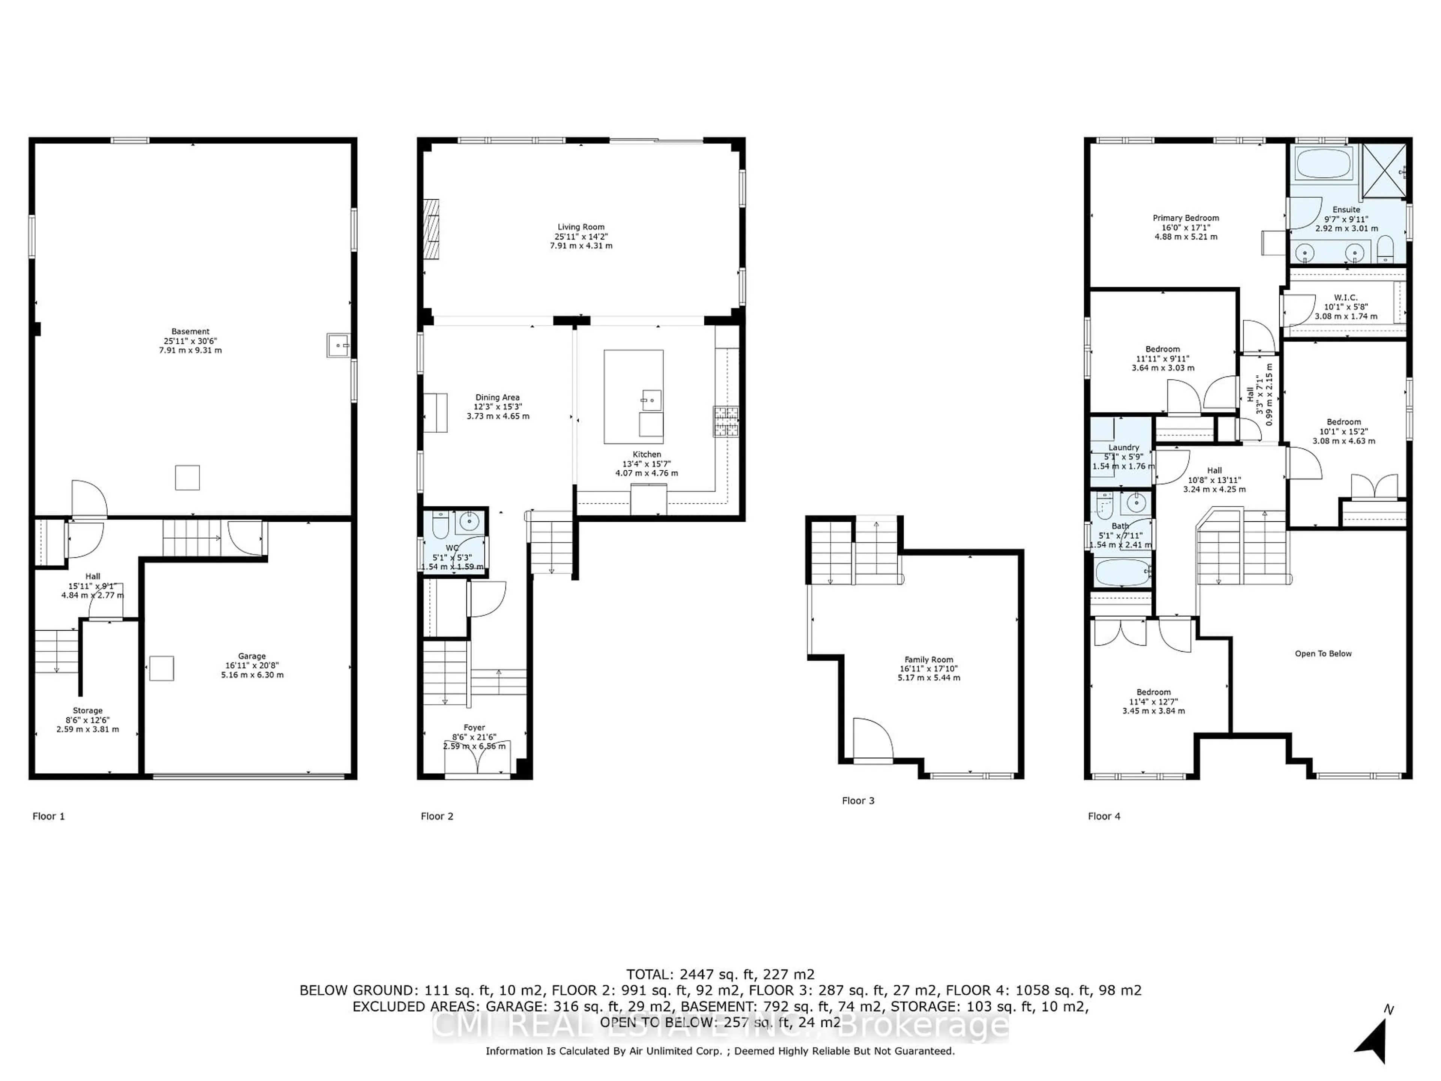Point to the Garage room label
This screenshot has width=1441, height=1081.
tap(252, 665)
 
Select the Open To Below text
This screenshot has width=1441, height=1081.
tap(1323, 653)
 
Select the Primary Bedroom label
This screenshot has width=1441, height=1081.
tap(1185, 227)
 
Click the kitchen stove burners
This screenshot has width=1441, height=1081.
tap(726, 420)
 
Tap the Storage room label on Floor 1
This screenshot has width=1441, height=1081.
tap(87, 720)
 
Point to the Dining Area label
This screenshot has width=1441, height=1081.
tap(498, 407)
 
